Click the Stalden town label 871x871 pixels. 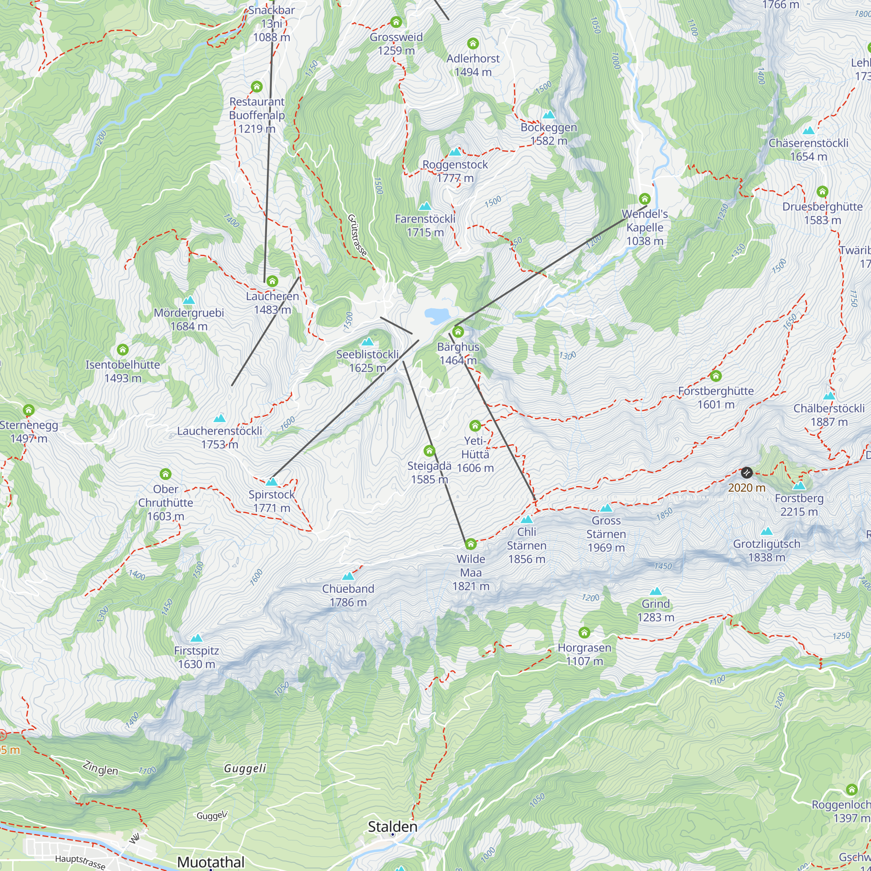click(392, 827)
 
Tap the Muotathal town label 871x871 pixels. click(210, 861)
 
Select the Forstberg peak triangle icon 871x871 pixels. click(799, 486)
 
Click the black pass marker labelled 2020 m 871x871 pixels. click(746, 473)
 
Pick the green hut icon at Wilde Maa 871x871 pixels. click(471, 544)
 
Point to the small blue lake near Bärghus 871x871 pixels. click(435, 316)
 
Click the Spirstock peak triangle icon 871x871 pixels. click(271, 482)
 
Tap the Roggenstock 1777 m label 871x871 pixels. click(455, 171)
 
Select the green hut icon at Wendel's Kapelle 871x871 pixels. click(645, 199)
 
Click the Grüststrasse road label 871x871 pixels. click(358, 235)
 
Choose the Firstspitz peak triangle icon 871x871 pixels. click(196, 638)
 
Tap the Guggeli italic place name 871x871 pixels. click(245, 768)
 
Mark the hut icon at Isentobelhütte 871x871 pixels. click(123, 349)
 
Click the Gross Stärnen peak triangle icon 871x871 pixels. click(606, 508)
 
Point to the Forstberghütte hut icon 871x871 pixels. click(716, 375)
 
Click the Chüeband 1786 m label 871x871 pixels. click(348, 595)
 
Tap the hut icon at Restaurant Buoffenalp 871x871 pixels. click(257, 87)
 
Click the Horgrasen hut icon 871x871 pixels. click(584, 632)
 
